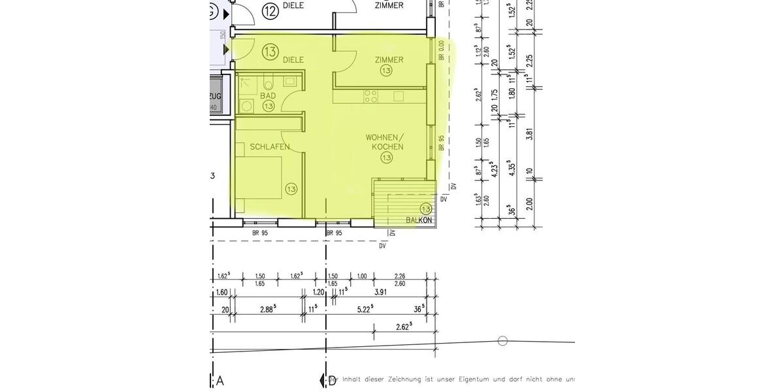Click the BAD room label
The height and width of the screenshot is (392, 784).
click(268, 95)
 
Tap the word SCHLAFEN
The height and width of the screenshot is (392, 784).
click(269, 147)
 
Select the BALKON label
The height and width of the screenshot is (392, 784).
click(419, 221)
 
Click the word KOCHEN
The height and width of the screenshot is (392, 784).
click(387, 147)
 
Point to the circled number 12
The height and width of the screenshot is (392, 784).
click(270, 10)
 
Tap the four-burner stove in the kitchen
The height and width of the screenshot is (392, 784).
click(371, 96)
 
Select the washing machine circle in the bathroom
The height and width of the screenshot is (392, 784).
click(247, 106)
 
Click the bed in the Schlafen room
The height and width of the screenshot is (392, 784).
click(261, 186)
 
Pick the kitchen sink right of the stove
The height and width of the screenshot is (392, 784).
click(399, 96)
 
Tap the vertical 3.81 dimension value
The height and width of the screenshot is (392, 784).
click(530, 133)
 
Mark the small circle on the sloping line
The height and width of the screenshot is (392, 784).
click(502, 340)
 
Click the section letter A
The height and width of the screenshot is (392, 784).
click(220, 381)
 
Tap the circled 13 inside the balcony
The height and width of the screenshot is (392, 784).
click(426, 209)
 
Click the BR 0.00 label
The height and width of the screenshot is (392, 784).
click(442, 51)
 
